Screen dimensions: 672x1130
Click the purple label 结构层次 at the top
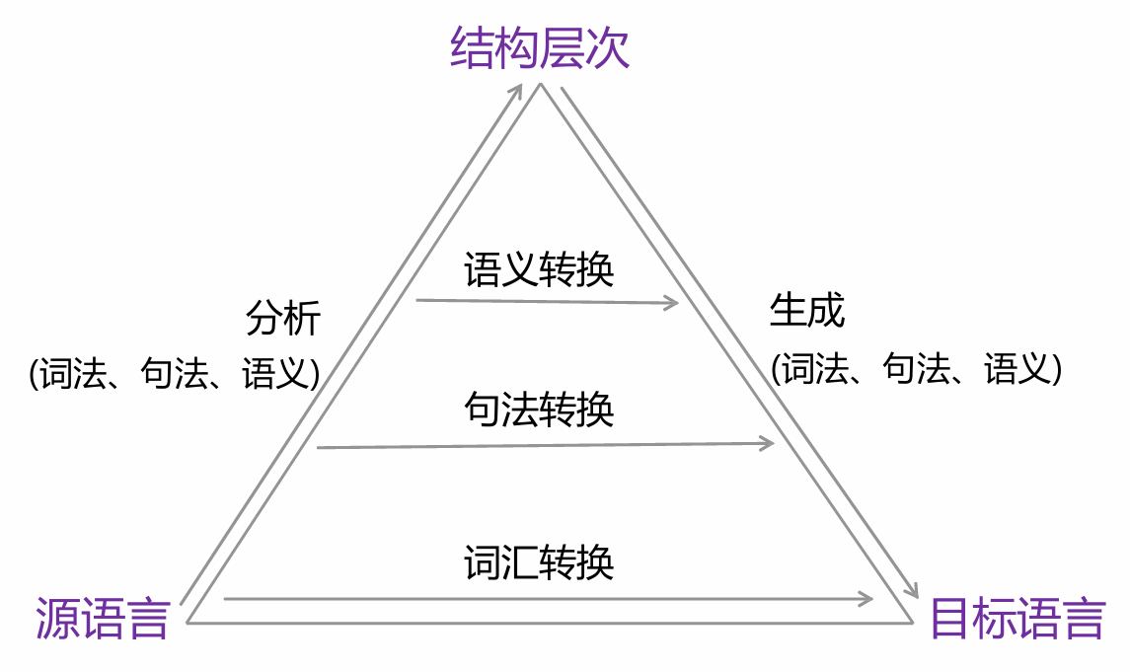pos(539,48)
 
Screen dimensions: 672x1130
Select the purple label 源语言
pos(103,618)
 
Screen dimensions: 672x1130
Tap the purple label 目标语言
pos(1017,619)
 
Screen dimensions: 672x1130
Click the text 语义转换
pos(539,268)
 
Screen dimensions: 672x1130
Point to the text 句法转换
pos(539,409)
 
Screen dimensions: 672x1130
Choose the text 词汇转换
pos(539,561)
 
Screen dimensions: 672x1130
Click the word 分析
pos(283,319)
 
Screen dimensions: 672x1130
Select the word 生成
pos(807,311)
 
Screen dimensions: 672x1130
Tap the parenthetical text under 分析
pos(175,374)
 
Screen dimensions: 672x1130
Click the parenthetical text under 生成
pos(917,368)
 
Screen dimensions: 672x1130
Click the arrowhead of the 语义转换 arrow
pos(674,303)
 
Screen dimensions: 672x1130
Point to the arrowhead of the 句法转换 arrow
pos(769,444)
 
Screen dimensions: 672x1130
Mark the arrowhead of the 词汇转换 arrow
pos(867,598)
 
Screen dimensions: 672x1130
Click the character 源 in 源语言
pos(56,618)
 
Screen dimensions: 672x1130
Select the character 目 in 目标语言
pos(951,619)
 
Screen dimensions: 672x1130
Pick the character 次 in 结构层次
pos(607,48)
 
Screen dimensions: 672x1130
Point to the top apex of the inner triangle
pos(540,86)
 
